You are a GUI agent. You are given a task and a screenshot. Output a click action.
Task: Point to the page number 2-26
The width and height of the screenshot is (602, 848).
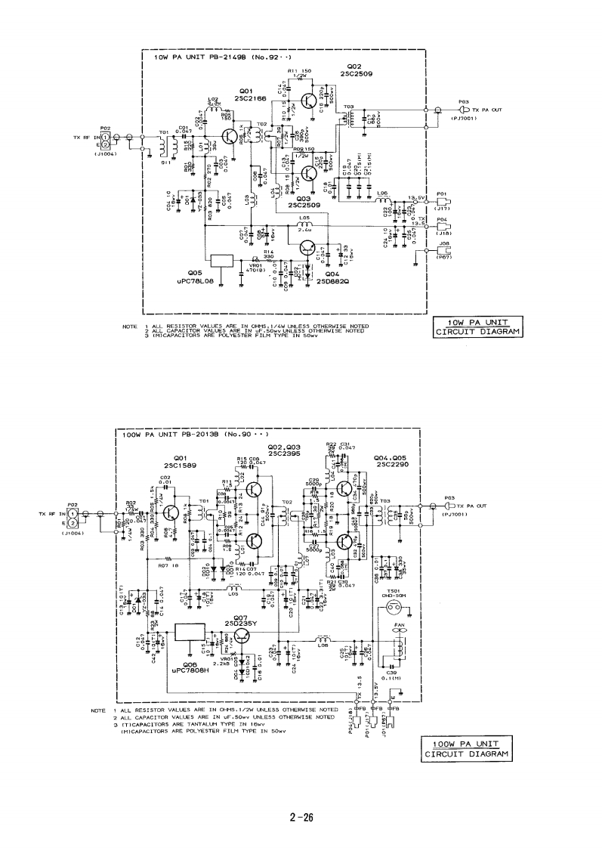click(x=301, y=817)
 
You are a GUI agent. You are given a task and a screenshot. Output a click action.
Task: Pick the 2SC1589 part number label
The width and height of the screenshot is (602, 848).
click(x=180, y=466)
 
